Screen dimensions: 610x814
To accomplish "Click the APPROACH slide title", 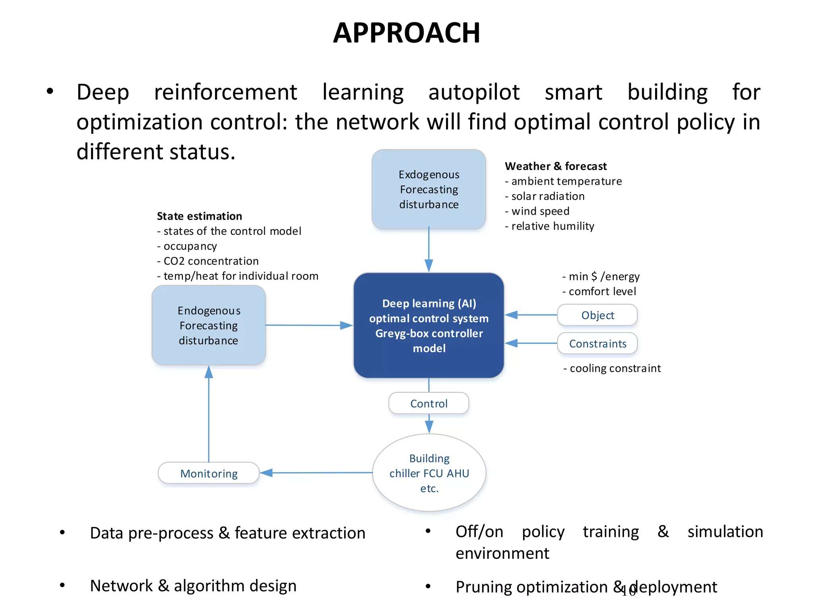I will (407, 33).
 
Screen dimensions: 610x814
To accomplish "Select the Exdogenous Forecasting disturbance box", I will (428, 189).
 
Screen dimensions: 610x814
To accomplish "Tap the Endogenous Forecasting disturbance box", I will (209, 325).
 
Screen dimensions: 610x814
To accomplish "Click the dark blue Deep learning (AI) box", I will (428, 325).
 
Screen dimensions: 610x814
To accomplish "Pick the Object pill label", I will (597, 315).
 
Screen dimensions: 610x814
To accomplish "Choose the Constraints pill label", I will (597, 344).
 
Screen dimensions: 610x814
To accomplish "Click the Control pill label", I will (428, 403).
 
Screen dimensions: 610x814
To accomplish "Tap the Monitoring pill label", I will (209, 473).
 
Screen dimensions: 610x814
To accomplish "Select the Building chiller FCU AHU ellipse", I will (429, 473).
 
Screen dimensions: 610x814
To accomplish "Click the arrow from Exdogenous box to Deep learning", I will (428, 250).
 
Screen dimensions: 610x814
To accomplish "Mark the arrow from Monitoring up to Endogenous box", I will (209, 413).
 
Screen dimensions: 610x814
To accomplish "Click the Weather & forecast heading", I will (556, 166).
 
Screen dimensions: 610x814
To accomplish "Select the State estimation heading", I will (199, 216).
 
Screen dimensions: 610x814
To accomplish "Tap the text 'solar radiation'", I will (548, 196).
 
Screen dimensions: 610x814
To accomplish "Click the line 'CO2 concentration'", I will (211, 261).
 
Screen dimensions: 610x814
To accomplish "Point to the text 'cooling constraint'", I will (615, 368).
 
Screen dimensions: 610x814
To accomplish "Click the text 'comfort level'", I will (602, 291).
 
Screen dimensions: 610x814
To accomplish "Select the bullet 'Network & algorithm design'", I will (193, 586).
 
